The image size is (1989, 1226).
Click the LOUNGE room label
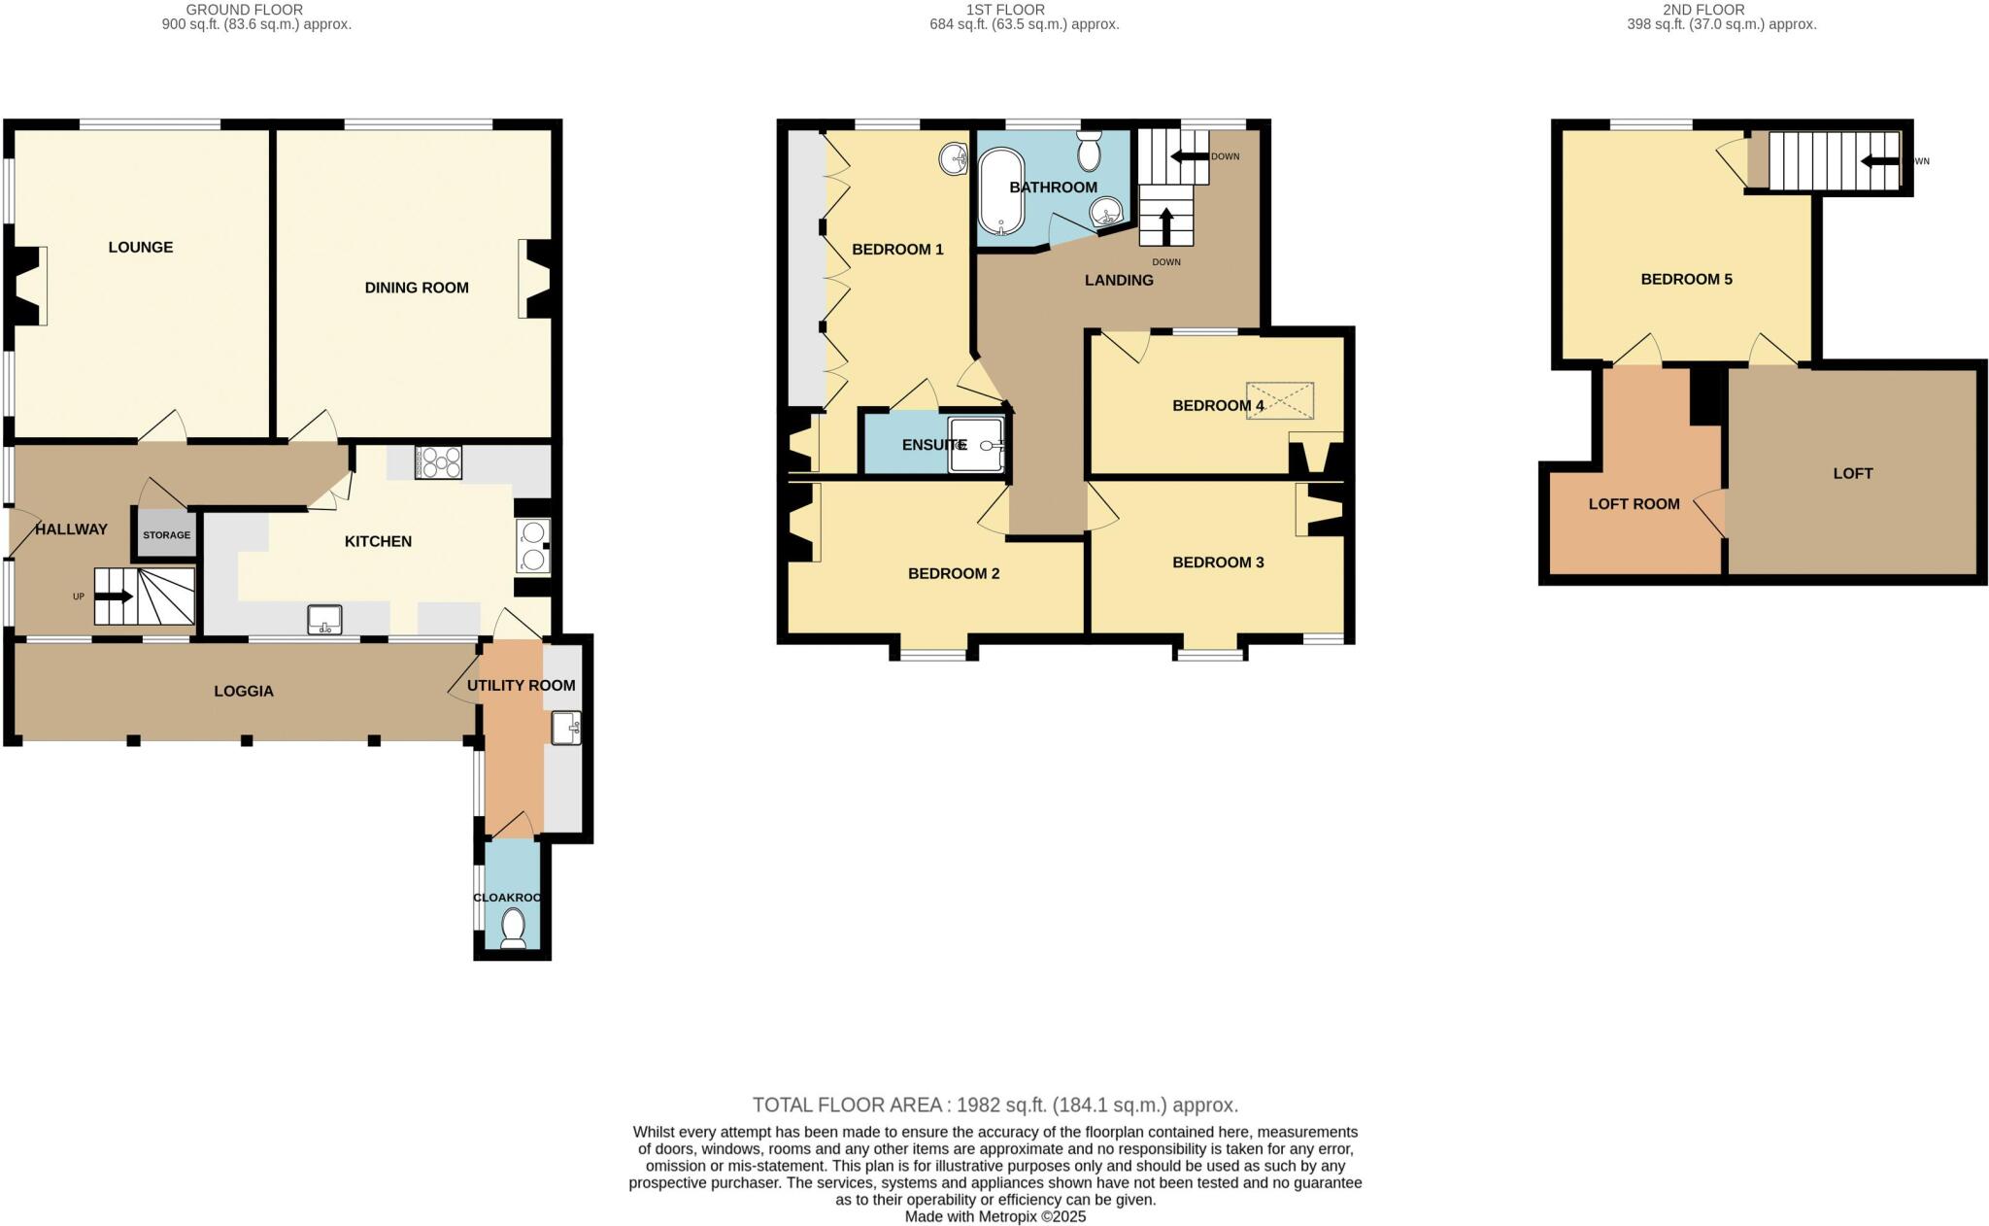click(141, 248)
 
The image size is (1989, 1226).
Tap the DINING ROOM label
click(417, 288)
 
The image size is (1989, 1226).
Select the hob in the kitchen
click(438, 462)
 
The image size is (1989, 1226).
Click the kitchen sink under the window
click(325, 619)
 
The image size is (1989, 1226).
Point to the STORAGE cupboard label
click(166, 535)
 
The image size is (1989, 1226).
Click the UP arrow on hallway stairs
click(115, 596)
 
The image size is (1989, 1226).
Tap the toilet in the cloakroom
click(513, 928)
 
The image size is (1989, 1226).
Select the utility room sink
click(566, 728)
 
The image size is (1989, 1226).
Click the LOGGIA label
click(244, 692)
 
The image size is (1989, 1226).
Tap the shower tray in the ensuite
click(977, 446)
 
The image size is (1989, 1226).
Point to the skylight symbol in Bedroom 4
click(1280, 401)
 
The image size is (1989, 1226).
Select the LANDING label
click(1119, 281)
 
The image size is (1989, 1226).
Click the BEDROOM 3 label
click(1218, 562)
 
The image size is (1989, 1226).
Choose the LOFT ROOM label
click(1634, 504)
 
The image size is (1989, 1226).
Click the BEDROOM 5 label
click(1686, 280)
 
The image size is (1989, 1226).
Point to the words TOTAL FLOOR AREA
click(847, 1106)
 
